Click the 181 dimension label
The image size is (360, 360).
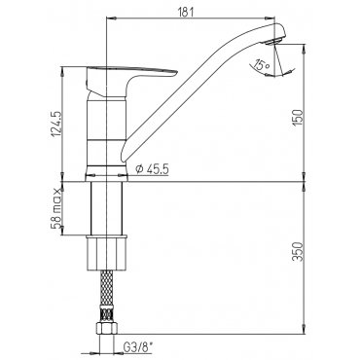click(x=186, y=12)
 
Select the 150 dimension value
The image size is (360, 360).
click(x=298, y=118)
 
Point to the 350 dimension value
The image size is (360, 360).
click(x=298, y=251)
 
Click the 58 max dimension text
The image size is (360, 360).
click(x=56, y=208)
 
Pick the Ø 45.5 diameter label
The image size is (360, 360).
click(x=152, y=169)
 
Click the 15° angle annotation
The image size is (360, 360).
click(x=262, y=64)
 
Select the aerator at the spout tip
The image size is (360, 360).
click(x=272, y=41)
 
